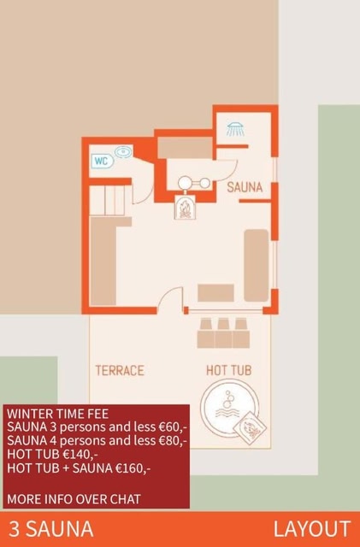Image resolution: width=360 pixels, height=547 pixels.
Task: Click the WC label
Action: point(103,162)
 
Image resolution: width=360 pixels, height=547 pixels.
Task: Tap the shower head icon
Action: point(236,129)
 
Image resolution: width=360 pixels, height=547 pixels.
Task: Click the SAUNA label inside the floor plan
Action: point(245,187)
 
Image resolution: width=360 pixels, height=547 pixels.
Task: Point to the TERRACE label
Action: point(120,370)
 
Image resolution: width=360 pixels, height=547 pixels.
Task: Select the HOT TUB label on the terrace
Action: point(228,370)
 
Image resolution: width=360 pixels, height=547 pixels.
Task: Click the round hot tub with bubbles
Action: point(229,408)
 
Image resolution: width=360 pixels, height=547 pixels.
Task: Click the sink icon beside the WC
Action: point(123,152)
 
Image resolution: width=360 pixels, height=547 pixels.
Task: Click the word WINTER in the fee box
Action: point(27,414)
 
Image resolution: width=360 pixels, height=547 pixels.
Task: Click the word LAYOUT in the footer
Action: point(312,529)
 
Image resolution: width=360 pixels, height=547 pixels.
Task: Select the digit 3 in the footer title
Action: point(15,529)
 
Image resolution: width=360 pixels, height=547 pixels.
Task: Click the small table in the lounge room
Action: point(215,292)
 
